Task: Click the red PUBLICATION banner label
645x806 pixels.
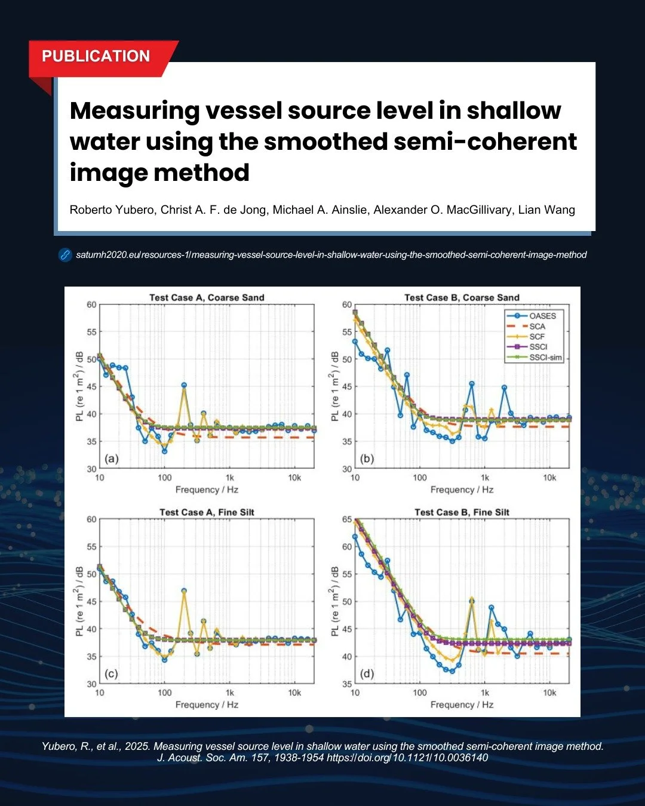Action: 96,56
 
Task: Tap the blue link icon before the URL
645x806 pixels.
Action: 65,255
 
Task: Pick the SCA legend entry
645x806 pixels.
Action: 537,327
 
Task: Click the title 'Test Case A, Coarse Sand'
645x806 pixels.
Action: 207,297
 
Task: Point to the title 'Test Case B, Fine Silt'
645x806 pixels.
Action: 462,512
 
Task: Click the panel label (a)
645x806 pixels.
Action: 112,459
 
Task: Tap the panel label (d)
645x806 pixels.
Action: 367,673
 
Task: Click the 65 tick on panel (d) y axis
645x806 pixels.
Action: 347,519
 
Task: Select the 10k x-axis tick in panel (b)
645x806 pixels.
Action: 549,478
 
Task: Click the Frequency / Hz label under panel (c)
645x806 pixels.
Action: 207,705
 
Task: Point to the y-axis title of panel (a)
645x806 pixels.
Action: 79,386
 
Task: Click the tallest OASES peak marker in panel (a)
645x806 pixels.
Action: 184,385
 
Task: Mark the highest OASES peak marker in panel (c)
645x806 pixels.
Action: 184,590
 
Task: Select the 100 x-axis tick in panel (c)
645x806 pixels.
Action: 164,693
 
